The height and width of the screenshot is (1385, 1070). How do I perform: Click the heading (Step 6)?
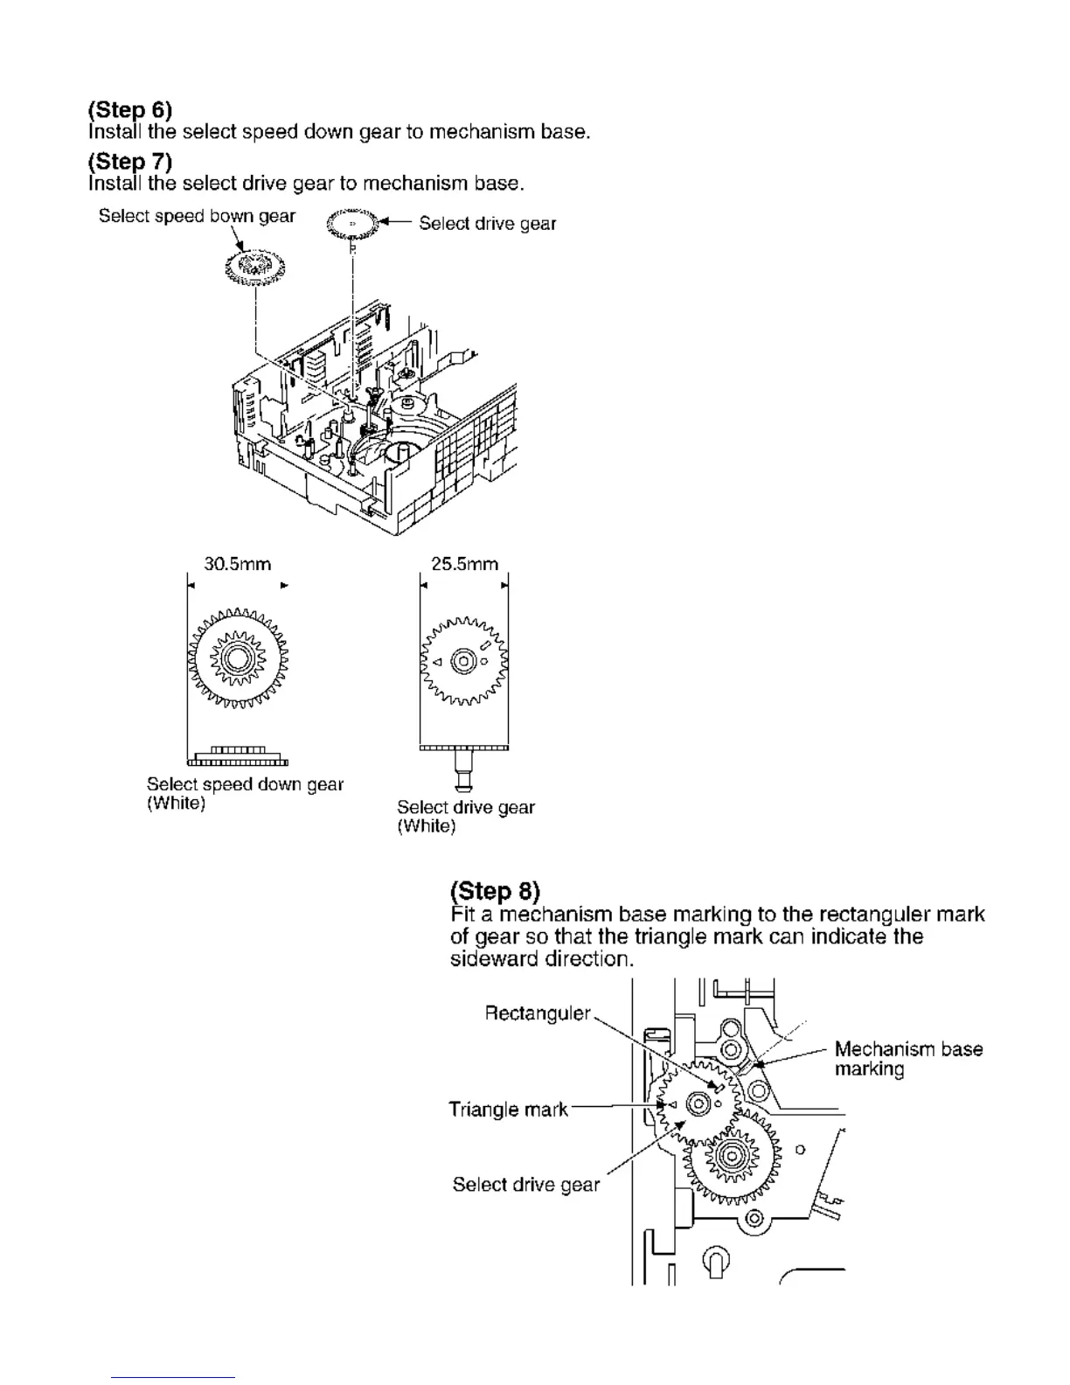pos(130,109)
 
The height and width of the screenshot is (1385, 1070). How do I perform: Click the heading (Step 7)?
pos(130,161)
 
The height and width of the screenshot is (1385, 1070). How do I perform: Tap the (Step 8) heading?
pos(495,891)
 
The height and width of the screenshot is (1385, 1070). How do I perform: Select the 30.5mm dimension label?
pos(232,564)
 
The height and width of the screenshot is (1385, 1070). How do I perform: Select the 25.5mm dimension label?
pos(464,564)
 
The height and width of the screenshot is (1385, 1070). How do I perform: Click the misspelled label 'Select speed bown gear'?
pos(197,216)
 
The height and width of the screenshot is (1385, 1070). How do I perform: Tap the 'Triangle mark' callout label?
pos(508,1110)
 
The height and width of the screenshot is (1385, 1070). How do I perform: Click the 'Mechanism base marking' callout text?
pos(908,1059)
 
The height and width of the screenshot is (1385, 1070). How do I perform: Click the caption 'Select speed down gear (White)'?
pos(245,793)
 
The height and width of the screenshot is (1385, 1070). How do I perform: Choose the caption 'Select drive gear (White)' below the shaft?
pos(465,816)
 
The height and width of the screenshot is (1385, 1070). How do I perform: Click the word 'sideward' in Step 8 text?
pos(493,959)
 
